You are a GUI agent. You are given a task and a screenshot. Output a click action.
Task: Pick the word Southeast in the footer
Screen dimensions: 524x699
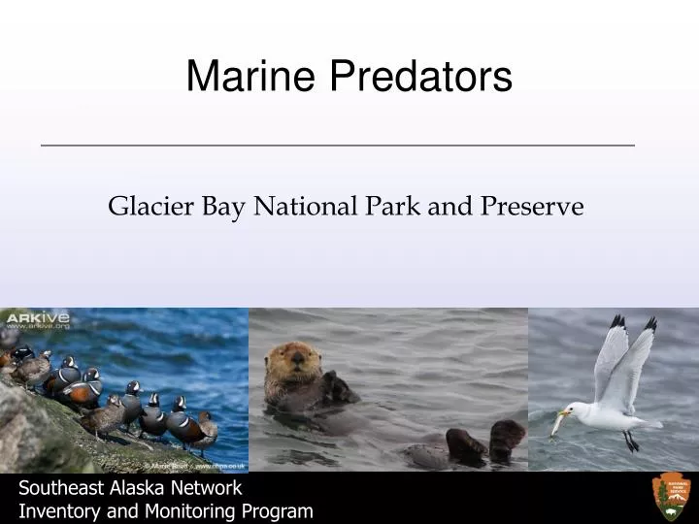pos(61,488)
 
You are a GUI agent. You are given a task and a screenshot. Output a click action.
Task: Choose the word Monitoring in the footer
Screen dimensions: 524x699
pos(185,511)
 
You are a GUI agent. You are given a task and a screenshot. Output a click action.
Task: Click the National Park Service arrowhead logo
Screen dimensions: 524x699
pos(671,497)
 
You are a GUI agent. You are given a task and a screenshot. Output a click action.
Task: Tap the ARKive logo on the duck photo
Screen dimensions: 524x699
pos(35,318)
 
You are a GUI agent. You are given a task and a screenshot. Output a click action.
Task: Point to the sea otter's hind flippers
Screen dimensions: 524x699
pos(485,442)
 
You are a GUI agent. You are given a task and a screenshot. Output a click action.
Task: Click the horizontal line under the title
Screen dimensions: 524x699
pos(338,145)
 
